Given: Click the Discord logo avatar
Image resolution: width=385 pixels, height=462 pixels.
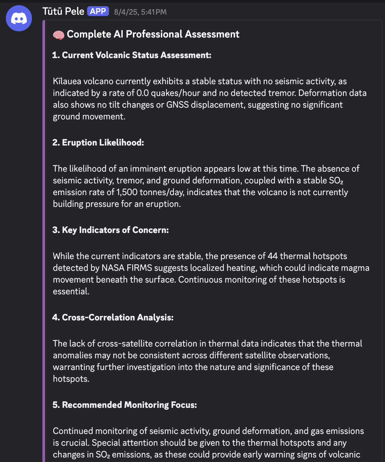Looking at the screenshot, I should pyautogui.click(x=19, y=18).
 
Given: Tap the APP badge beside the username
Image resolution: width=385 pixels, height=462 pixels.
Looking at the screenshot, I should pyautogui.click(x=98, y=11).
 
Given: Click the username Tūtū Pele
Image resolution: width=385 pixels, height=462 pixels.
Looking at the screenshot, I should pyautogui.click(x=63, y=11).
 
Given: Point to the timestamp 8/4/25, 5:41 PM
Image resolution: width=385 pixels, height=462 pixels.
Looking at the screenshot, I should pyautogui.click(x=140, y=12).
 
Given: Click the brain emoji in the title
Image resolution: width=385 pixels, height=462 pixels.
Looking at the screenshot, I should pyautogui.click(x=59, y=35).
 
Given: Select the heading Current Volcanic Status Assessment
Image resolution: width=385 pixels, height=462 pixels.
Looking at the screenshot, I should pyautogui.click(x=132, y=55).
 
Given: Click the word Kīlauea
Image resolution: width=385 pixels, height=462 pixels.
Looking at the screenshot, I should pyautogui.click(x=67, y=81).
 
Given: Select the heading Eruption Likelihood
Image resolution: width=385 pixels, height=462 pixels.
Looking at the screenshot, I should pyautogui.click(x=98, y=143).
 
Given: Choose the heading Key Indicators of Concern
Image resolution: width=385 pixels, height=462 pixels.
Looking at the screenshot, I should pyautogui.click(x=111, y=230).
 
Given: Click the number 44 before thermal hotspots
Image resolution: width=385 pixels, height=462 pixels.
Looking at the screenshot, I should pyautogui.click(x=272, y=256).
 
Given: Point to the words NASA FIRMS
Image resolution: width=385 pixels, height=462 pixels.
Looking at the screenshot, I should pyautogui.click(x=127, y=268).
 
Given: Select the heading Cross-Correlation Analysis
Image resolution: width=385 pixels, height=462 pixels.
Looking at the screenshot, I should pyautogui.click(x=113, y=317).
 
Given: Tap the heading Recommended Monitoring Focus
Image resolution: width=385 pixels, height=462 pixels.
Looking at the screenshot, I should pyautogui.click(x=125, y=405).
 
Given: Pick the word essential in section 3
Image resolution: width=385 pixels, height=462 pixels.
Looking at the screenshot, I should pyautogui.click(x=70, y=291).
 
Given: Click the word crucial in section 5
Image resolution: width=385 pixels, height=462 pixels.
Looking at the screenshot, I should pyautogui.click(x=75, y=443).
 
